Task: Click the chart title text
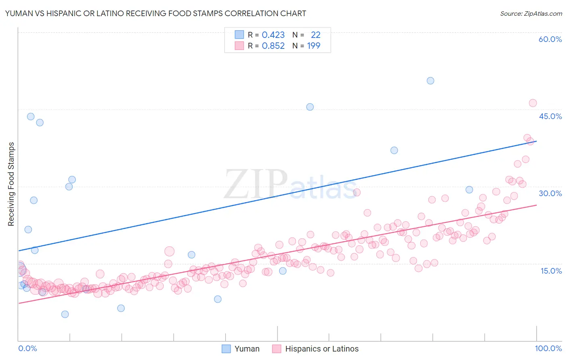pos(155,13)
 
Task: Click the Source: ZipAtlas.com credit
pos(531,13)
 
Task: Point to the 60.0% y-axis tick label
pos(550,39)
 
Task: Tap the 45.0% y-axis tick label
pos(550,116)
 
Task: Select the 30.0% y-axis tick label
pos(550,193)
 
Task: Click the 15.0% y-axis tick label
pos(551,271)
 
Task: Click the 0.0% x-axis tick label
pos(27,348)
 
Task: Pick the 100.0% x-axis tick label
pos(548,348)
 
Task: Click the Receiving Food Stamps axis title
pos(11,184)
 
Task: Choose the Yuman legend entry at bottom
pos(241,349)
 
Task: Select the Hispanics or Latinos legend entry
pos(316,349)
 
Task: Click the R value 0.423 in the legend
pos(273,35)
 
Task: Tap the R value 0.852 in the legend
pos(273,46)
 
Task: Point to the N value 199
pos(313,46)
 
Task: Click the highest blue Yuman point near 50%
pos(430,81)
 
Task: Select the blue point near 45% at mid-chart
pos(310,107)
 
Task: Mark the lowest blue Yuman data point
pos(65,314)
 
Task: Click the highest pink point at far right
pos(533,103)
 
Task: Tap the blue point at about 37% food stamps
pos(394,150)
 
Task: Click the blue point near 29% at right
pos(469,190)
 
